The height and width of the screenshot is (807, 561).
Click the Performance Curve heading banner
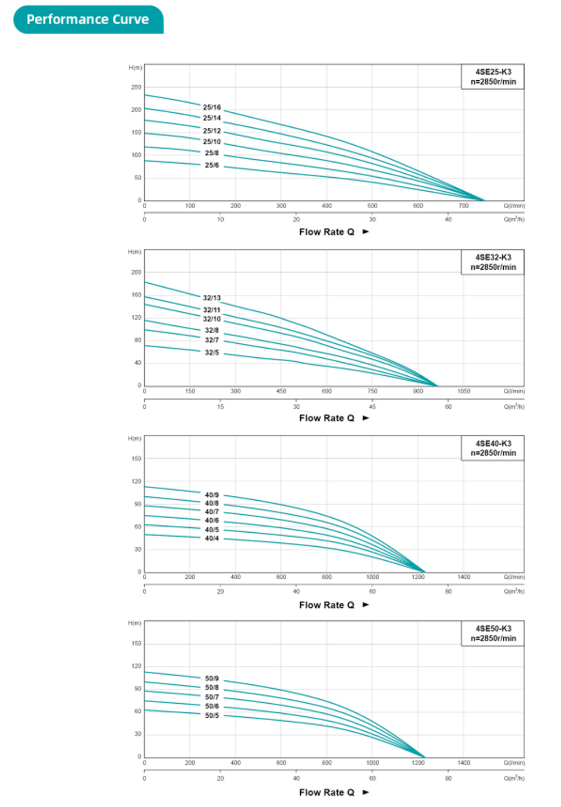point(88,20)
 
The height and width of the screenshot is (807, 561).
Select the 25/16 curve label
point(211,107)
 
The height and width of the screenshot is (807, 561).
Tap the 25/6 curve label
point(211,165)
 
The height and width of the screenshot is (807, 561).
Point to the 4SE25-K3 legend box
point(493,77)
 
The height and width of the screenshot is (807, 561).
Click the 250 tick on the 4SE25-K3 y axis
point(136,87)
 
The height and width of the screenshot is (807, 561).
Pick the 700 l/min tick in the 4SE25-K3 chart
point(463,206)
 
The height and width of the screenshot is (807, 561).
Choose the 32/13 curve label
point(211,298)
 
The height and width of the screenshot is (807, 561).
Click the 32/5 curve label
point(211,353)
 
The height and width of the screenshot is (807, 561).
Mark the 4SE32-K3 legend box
point(493,262)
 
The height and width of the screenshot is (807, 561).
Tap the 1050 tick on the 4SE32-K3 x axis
point(463,391)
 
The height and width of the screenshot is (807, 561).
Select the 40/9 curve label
point(211,495)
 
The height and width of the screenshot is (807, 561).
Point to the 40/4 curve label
point(211,538)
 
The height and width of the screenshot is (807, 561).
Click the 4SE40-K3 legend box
point(493,448)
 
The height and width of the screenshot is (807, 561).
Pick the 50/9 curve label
point(211,679)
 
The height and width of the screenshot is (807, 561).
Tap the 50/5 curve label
point(211,716)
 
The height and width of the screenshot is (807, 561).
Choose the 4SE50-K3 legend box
point(493,634)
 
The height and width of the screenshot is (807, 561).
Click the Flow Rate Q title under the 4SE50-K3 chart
point(327,792)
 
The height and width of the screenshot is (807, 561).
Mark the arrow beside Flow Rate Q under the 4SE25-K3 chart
point(366,232)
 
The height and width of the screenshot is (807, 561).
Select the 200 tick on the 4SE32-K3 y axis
point(136,272)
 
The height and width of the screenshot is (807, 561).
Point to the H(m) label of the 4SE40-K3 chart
point(135,439)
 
